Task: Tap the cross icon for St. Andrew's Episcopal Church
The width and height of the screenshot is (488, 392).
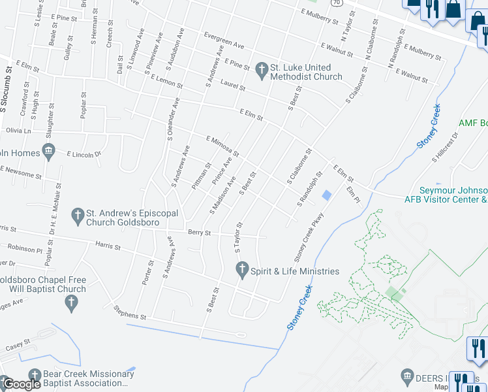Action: [x=77, y=214]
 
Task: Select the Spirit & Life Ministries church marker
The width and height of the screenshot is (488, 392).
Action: [x=242, y=269]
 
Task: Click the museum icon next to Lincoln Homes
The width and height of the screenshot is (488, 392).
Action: [x=49, y=152]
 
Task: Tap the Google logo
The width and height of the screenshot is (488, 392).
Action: [x=21, y=384]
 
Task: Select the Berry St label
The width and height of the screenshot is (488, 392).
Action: [x=199, y=233]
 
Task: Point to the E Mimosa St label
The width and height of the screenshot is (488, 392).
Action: [x=222, y=146]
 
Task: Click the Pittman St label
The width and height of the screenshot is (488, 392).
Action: [x=204, y=174]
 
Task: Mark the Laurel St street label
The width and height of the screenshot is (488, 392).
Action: [x=232, y=86]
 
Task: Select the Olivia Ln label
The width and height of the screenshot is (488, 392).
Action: [x=18, y=131]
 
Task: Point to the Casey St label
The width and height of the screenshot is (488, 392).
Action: [x=18, y=344]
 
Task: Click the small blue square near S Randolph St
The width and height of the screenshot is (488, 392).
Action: [x=327, y=195]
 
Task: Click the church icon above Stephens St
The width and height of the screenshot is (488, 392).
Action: [x=72, y=302]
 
